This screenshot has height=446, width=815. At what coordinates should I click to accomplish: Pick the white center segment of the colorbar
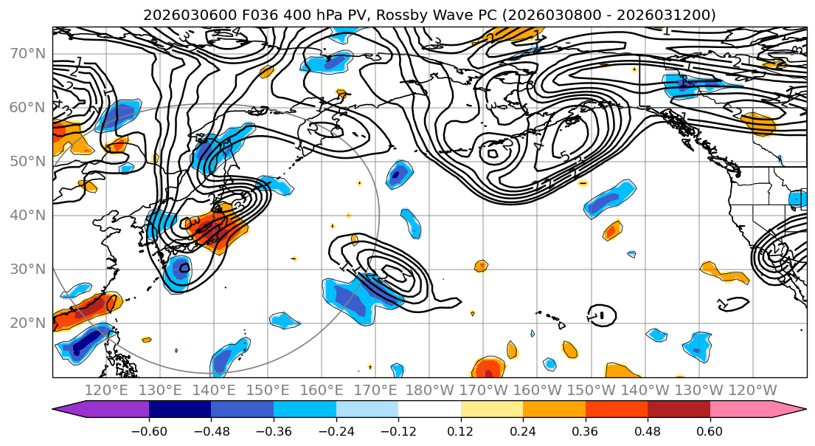(x=429, y=410)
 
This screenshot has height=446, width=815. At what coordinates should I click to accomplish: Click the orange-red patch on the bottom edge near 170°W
(x=488, y=368)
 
